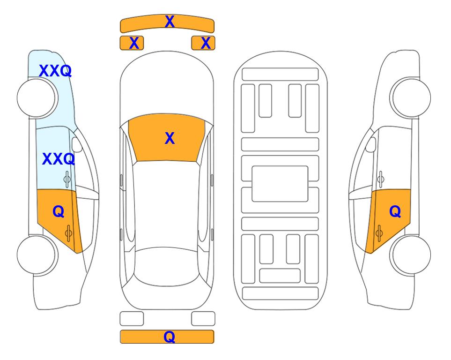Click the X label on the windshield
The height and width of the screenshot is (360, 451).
[x=170, y=138]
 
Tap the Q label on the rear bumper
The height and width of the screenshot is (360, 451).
[x=170, y=337]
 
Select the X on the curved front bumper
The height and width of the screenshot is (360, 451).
[x=170, y=22]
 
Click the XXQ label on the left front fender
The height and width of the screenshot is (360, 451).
[x=55, y=71]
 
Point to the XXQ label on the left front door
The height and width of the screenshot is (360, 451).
[x=59, y=159]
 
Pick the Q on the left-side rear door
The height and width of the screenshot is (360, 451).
[x=59, y=212]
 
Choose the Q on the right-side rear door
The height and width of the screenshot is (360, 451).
[x=395, y=212]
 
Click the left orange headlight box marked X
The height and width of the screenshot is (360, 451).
[x=132, y=43]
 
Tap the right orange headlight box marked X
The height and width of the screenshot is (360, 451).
[x=203, y=43]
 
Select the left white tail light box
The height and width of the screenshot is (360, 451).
[x=132, y=319]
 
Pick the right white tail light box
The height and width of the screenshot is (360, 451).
[x=203, y=319]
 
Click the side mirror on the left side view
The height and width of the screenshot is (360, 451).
[x=77, y=145]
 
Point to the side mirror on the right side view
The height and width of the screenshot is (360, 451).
[x=371, y=145]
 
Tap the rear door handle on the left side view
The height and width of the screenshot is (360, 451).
[x=68, y=233]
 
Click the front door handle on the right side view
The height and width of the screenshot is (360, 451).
[x=381, y=179]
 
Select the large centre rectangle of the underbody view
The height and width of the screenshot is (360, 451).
[x=280, y=184]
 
